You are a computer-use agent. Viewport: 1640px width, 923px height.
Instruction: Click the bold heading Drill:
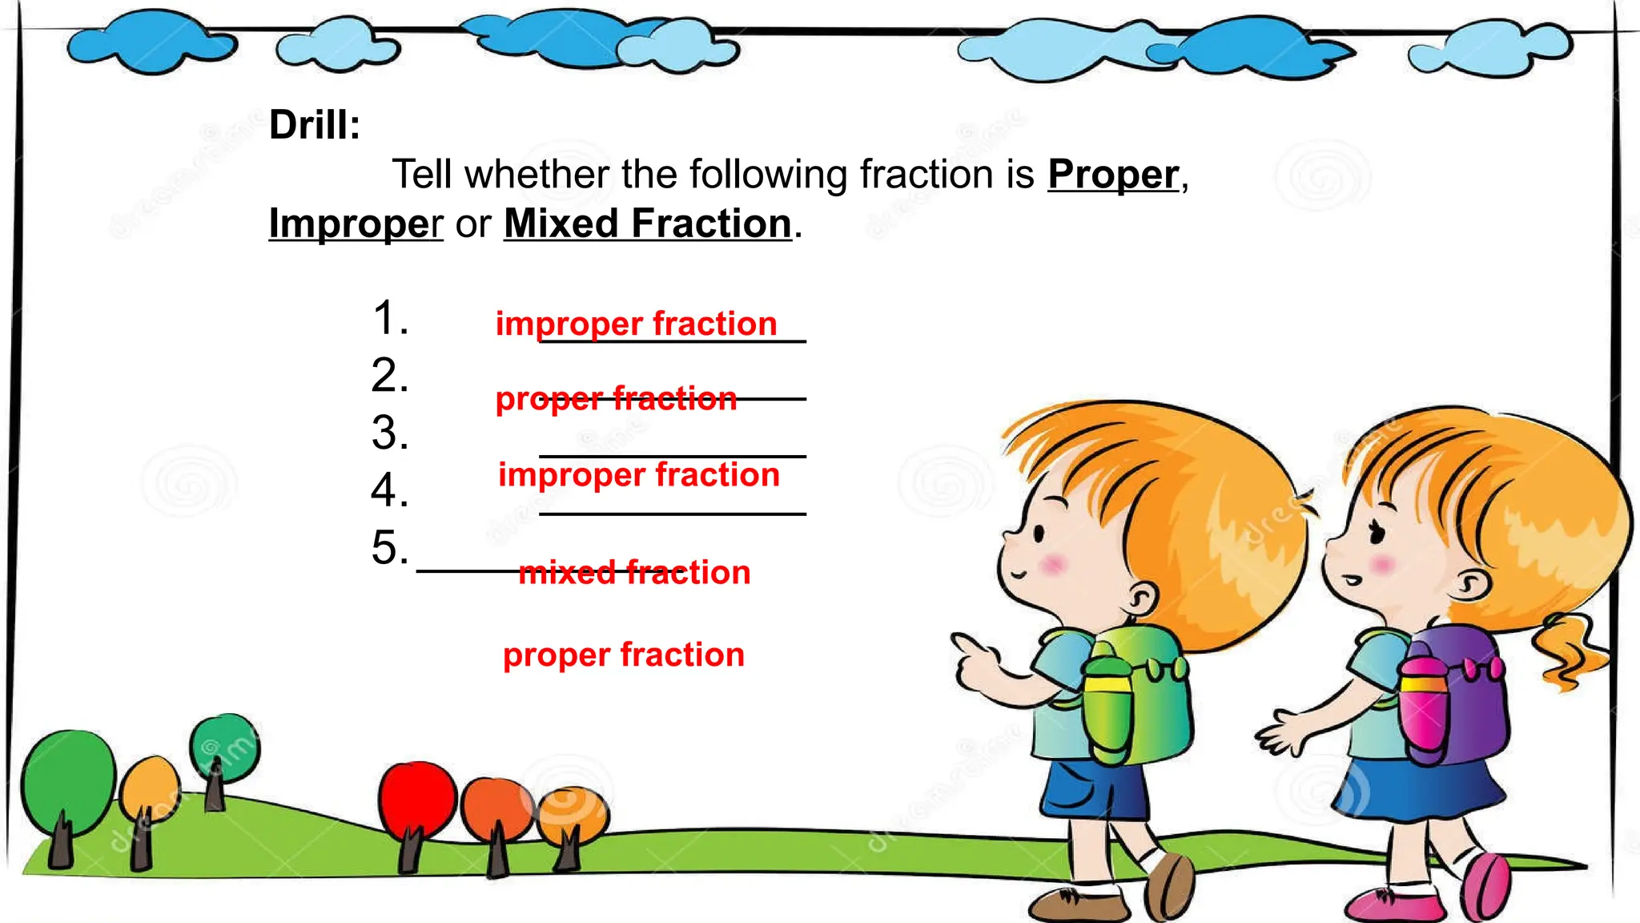click(315, 125)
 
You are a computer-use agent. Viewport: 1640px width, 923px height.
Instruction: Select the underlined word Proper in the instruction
click(1113, 175)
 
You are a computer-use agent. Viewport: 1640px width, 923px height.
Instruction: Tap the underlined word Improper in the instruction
click(356, 224)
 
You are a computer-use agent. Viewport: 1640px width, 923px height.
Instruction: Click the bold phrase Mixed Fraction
click(648, 224)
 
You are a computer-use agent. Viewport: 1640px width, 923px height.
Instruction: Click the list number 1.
click(390, 318)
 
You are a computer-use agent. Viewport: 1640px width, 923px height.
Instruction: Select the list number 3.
click(390, 433)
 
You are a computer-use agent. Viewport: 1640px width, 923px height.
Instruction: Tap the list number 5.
click(390, 548)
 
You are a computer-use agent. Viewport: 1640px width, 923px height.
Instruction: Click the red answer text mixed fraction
click(634, 573)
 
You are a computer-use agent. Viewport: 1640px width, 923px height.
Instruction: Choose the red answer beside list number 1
click(637, 324)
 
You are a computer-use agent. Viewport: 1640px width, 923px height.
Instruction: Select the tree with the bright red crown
click(417, 797)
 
